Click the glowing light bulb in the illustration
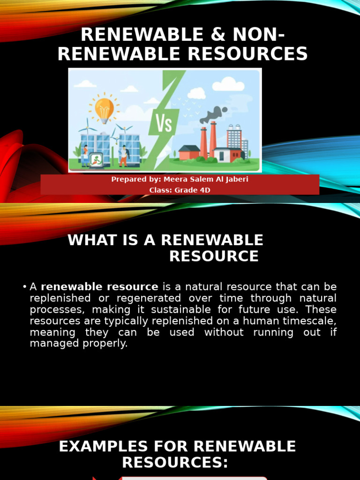pos(104,108)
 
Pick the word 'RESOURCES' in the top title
pos(248,54)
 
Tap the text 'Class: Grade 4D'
pos(180,190)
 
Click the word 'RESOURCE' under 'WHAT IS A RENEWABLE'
pos(214,256)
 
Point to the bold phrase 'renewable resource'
pos(99,287)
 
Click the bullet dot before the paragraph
pos(24,287)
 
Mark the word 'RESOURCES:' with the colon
pos(175,463)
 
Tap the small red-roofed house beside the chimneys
pos(189,152)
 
